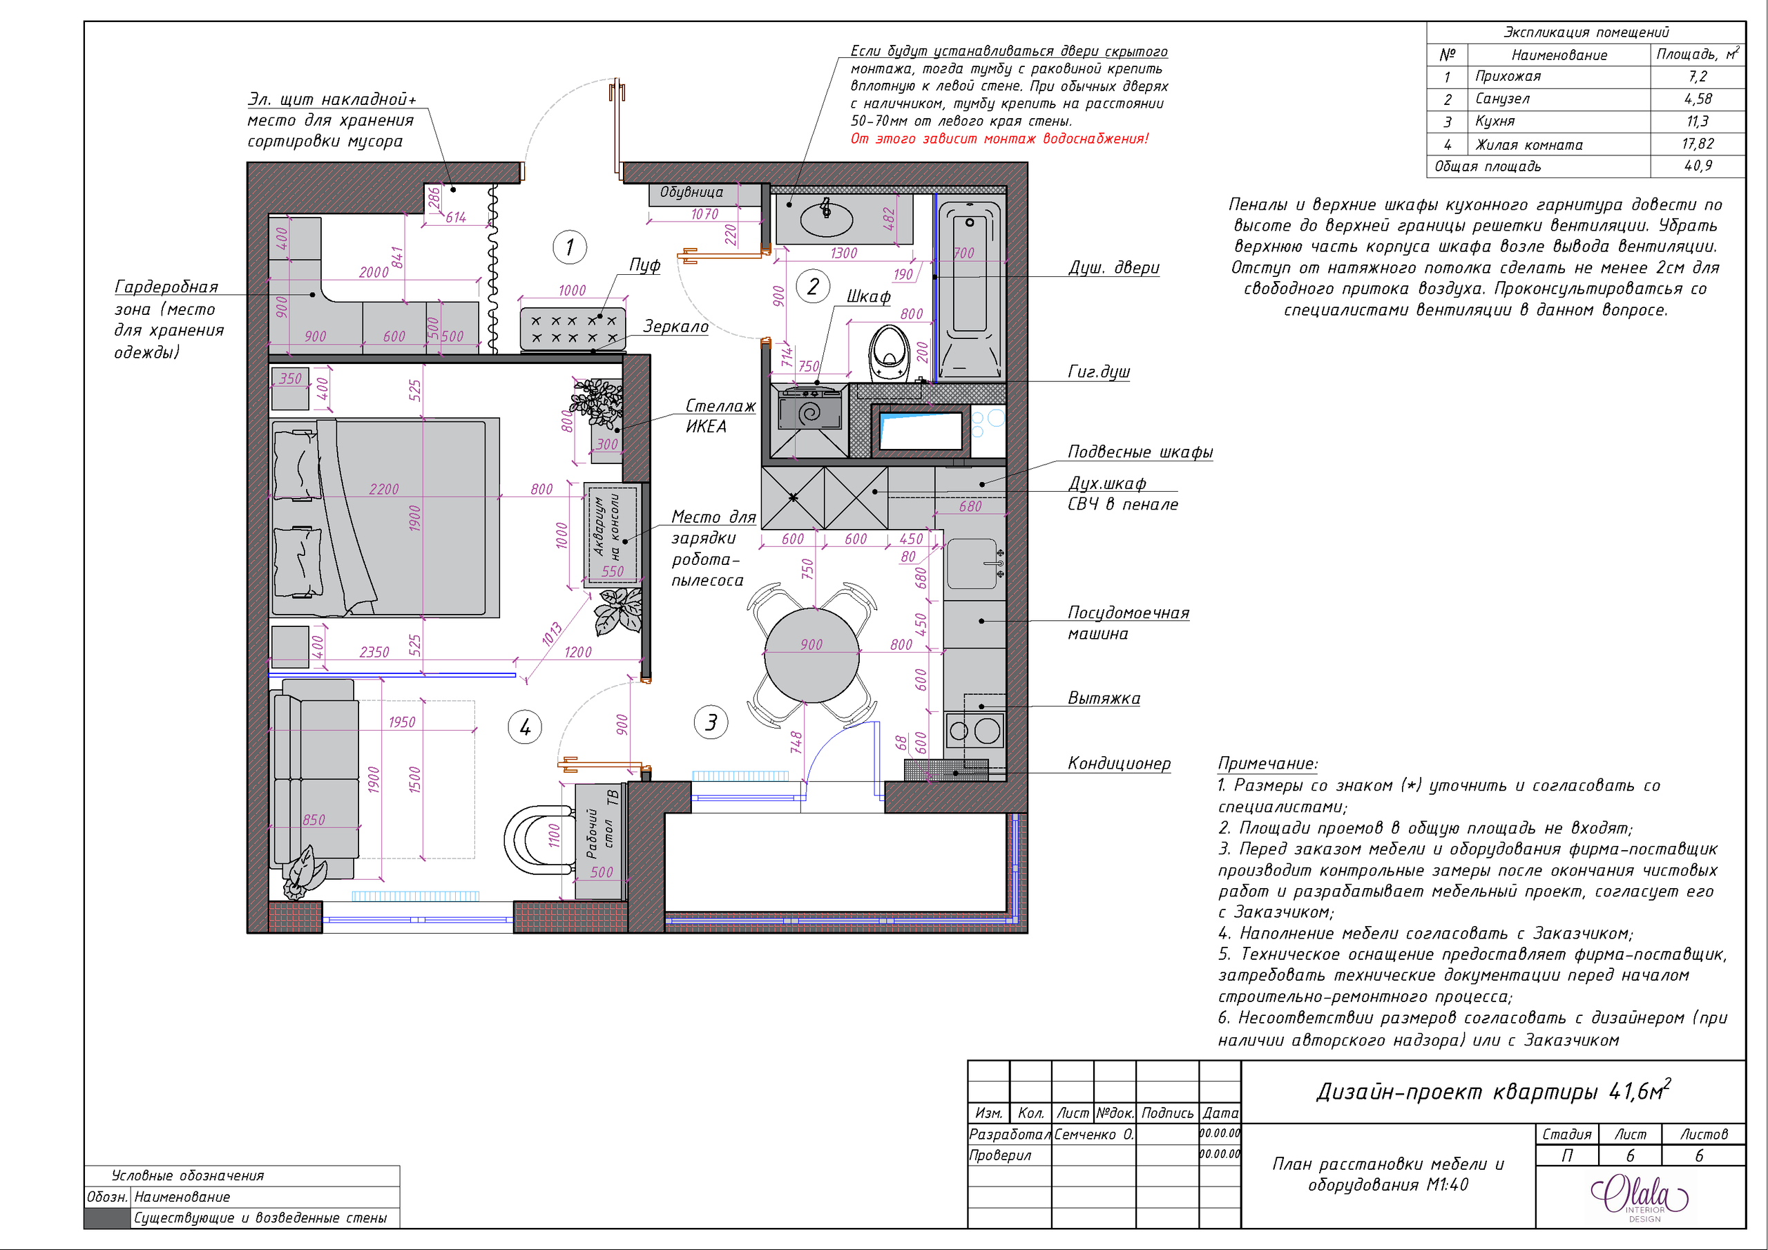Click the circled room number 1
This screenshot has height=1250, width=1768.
(x=569, y=247)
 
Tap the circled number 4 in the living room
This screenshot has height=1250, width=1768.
(x=525, y=727)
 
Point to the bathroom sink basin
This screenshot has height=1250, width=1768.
(x=826, y=220)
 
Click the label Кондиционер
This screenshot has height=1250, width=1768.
(x=1118, y=763)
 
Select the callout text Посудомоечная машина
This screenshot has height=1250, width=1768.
(x=1127, y=623)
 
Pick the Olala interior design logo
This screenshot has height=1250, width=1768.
(x=1640, y=1196)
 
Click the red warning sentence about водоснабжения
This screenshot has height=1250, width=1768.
(x=999, y=139)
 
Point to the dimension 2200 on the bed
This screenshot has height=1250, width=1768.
(x=383, y=489)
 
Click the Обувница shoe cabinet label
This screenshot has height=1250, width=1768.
(x=691, y=192)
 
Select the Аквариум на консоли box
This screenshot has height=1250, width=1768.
(x=612, y=535)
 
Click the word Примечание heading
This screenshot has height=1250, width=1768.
(x=1267, y=763)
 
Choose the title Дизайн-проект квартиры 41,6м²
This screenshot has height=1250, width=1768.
(x=1492, y=1090)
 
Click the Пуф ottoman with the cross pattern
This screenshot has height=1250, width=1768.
(x=572, y=329)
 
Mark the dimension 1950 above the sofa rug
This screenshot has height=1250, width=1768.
(x=401, y=722)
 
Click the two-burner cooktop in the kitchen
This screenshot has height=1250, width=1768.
(x=975, y=730)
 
